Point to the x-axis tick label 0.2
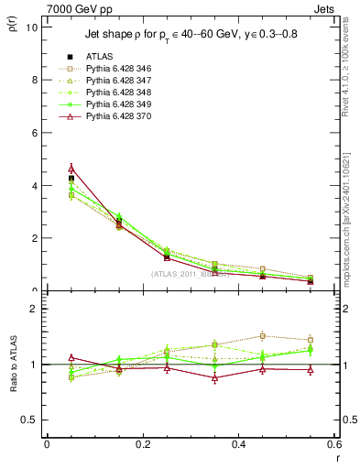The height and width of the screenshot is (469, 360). tap(142, 444)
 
